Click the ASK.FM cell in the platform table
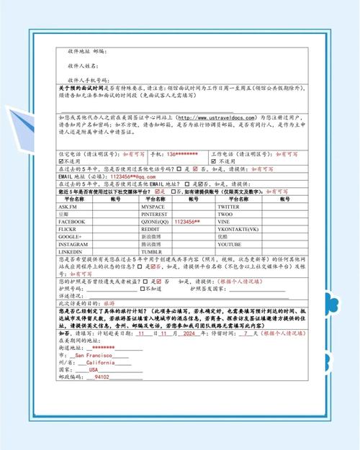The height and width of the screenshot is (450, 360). (69, 207)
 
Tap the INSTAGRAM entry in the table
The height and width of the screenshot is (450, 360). (74, 244)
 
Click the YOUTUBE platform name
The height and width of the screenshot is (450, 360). (231, 244)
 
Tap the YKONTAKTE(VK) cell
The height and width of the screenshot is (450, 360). (239, 229)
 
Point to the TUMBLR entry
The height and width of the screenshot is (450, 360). (152, 251)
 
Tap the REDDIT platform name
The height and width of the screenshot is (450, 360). (151, 229)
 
